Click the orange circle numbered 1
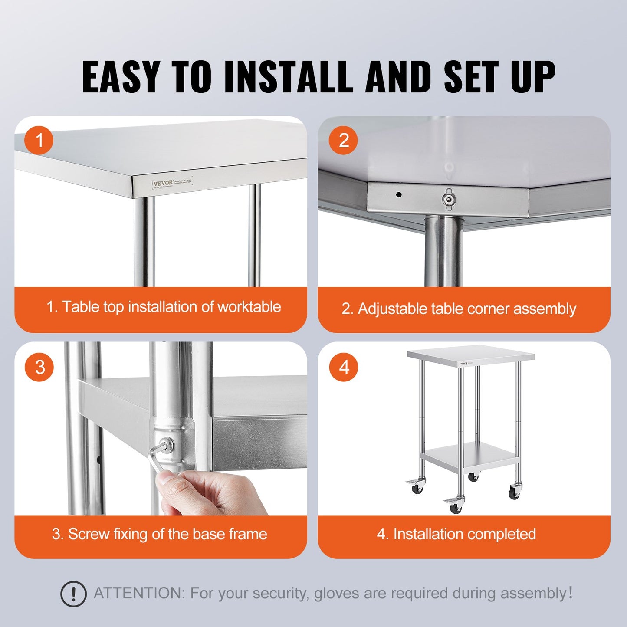(x=39, y=140)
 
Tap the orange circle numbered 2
(x=343, y=140)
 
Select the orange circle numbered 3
(x=39, y=367)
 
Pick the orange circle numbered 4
(x=343, y=367)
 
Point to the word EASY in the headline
(x=121, y=77)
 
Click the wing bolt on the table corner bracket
(x=447, y=198)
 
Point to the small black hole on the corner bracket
(x=398, y=195)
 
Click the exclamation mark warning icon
(x=73, y=594)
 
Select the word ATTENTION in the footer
(x=139, y=593)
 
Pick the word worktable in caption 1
(x=249, y=307)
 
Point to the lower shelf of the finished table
(x=469, y=457)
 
